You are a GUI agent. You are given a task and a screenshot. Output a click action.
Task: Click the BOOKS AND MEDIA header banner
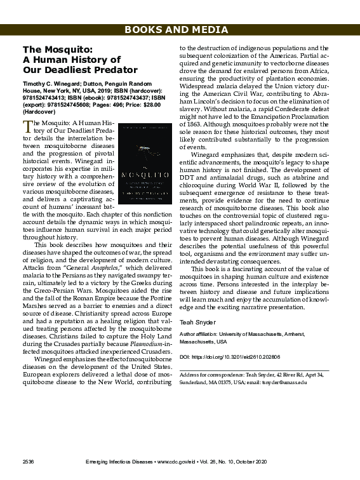click(x=180, y=30)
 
